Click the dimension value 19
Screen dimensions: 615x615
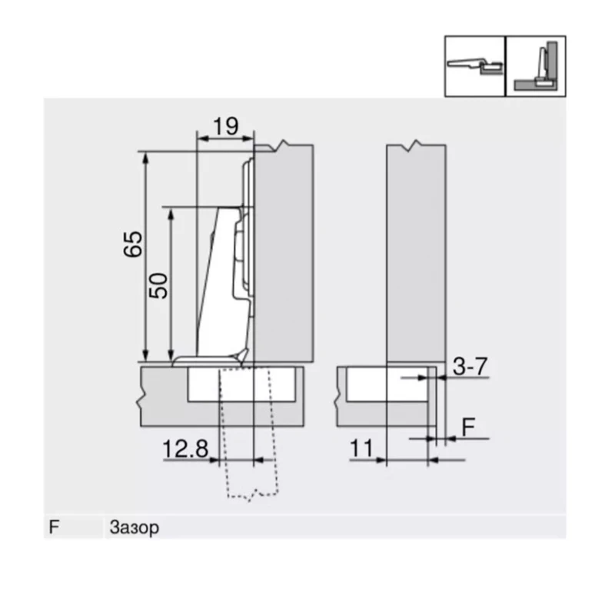tap(225, 126)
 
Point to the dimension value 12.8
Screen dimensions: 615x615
tap(185, 448)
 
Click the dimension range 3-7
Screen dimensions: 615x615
tap(469, 367)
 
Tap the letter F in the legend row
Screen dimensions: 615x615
tap(53, 528)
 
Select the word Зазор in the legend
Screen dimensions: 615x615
tap(135, 528)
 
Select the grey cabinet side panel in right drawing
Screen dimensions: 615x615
tap(415, 254)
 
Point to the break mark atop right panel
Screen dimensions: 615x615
tap(416, 145)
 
